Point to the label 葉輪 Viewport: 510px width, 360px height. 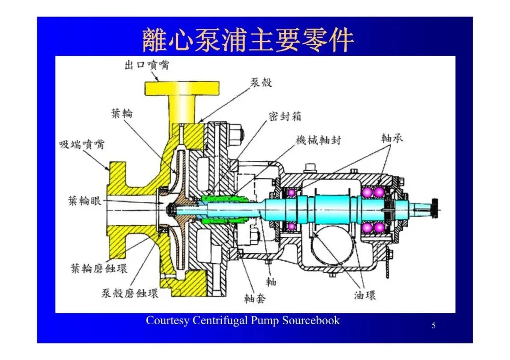122,113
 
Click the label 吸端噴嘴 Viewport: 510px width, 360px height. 81,144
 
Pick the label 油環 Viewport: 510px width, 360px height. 365,296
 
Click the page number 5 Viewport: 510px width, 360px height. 433,325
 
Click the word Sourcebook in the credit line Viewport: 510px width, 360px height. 311,320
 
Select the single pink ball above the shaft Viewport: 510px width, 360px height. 291,193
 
